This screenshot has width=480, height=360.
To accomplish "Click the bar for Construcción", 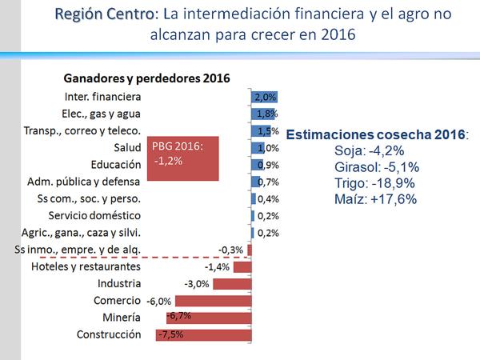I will click(x=204, y=334).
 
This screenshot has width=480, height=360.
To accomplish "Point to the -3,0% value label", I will click(x=197, y=283).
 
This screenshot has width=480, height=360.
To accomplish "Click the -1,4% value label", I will click(x=218, y=266).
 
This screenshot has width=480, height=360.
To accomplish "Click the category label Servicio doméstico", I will click(x=95, y=216).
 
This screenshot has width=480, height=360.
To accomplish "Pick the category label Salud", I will click(x=128, y=148).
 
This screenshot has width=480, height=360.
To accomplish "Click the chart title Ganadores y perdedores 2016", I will click(x=146, y=78).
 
